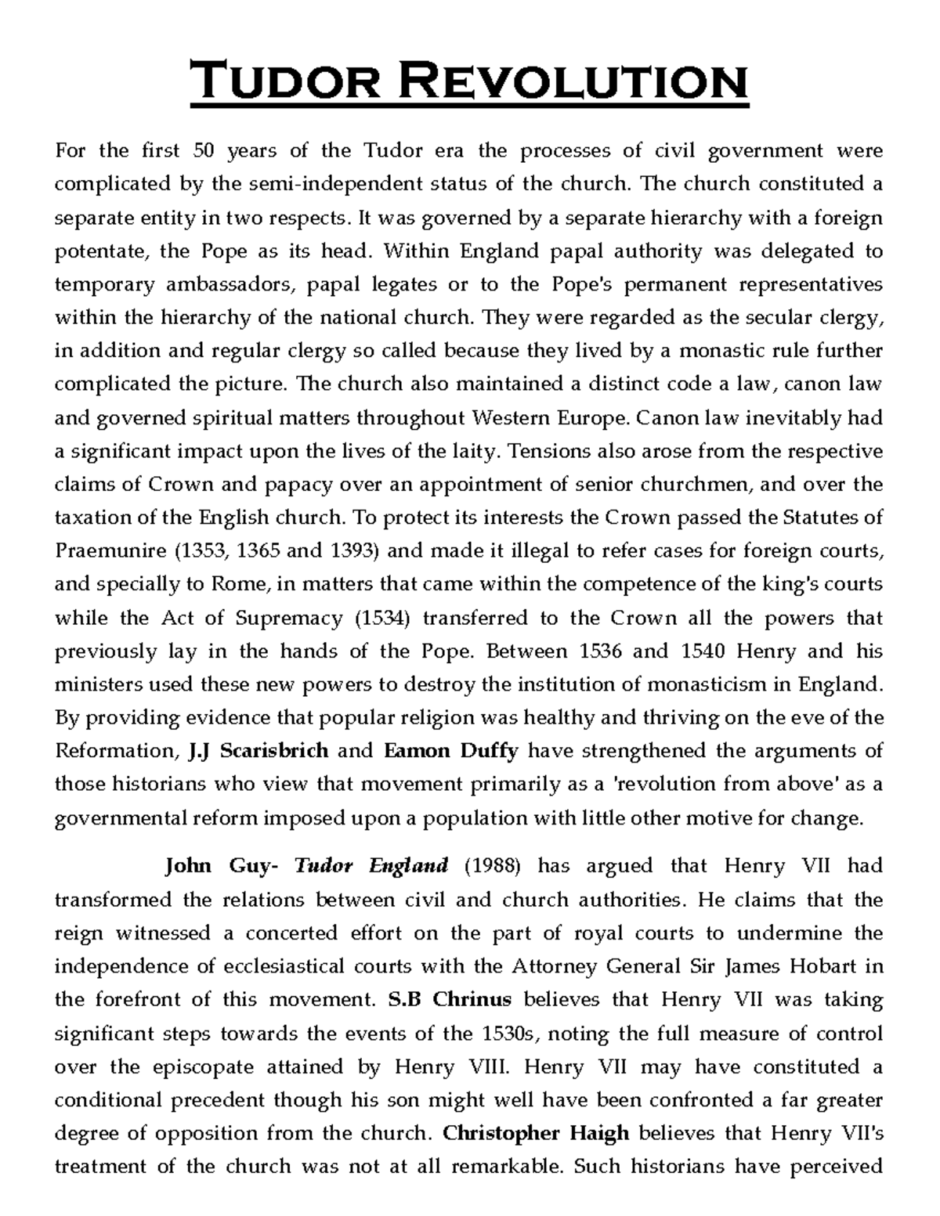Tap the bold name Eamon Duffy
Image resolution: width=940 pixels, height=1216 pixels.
click(x=451, y=751)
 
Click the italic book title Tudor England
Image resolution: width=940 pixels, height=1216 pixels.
click(x=371, y=866)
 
